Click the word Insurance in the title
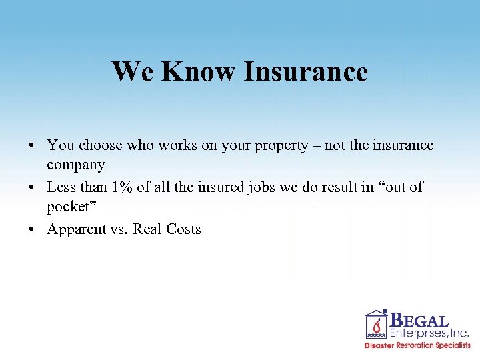[305, 71]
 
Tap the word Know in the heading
[198, 71]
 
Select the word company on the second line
[75, 165]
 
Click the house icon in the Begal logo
[377, 325]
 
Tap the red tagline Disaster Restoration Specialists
[417, 346]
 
